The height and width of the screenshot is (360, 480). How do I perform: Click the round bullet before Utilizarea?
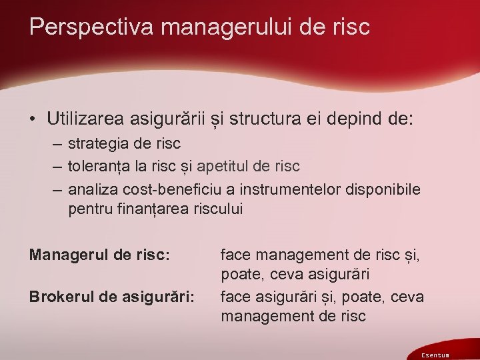(32, 120)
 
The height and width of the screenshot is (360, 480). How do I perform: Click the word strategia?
(95, 143)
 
